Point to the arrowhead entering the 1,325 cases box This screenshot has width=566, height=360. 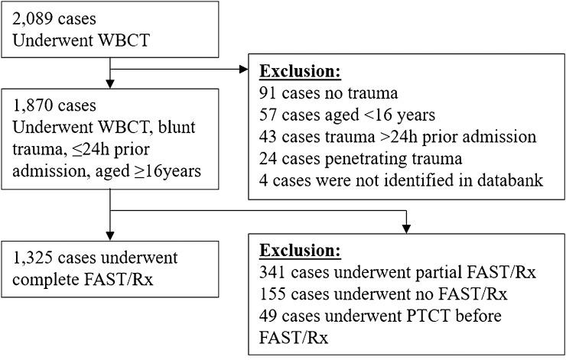click(112, 235)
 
